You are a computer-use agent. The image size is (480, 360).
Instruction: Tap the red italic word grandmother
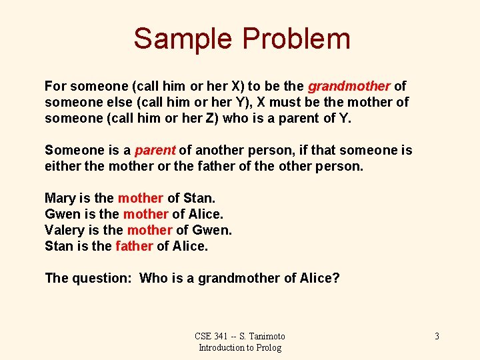pos(349,86)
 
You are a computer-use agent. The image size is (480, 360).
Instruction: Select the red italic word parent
pos(155,150)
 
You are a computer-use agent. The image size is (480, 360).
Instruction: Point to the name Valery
pos(63,230)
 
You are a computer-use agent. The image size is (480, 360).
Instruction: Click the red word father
pos(134,246)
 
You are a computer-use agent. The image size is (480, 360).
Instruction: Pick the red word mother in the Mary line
pos(140,198)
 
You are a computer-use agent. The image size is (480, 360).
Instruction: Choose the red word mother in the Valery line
pos(149,230)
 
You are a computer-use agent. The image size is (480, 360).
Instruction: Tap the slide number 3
pos(437,336)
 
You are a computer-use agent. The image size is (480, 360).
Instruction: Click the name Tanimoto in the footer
pos(267,336)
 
